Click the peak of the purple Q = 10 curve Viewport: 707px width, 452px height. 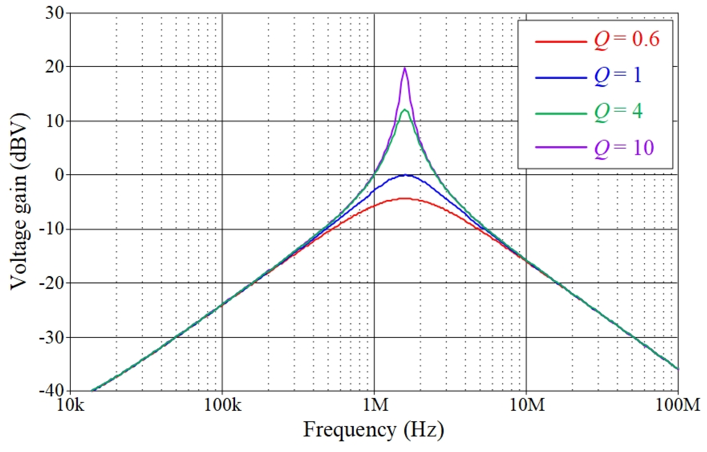pos(405,68)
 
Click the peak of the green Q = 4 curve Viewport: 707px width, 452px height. pos(405,110)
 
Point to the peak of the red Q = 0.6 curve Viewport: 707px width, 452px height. pos(405,199)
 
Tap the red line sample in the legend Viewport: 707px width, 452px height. pos(561,42)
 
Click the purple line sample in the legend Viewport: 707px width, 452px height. pos(561,147)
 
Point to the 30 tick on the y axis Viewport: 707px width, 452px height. pos(55,13)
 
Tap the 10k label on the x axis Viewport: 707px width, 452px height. pos(70,405)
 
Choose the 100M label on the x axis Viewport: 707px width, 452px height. pos(677,405)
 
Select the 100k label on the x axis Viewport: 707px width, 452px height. pos(222,405)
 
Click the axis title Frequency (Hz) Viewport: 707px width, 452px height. pos(373,430)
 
